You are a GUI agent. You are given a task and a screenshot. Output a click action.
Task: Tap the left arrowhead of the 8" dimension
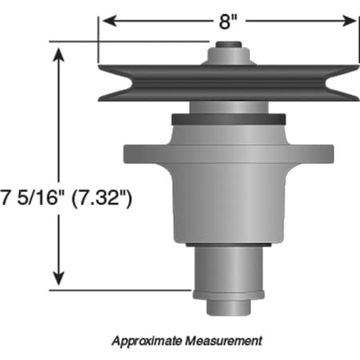coord(105,21)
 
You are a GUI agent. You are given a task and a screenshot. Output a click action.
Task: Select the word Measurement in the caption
coord(223,340)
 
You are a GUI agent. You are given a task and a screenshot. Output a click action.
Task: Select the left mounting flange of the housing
coord(144,152)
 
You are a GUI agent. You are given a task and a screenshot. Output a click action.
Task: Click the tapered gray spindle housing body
coord(229,192)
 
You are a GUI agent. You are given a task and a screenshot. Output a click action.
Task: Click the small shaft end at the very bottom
coord(229,306)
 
